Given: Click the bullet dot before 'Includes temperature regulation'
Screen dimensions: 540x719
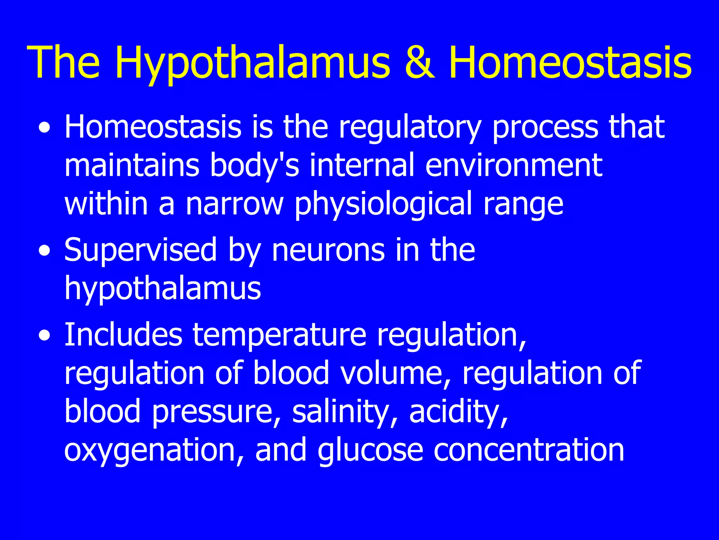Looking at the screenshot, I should coord(45,336).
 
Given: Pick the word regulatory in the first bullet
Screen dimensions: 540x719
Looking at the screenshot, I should coord(409,127).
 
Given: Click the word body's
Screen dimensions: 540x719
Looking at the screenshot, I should coord(254,166).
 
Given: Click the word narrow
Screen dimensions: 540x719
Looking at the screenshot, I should coord(234,204).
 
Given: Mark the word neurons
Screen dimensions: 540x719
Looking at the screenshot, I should coord(328,250).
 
